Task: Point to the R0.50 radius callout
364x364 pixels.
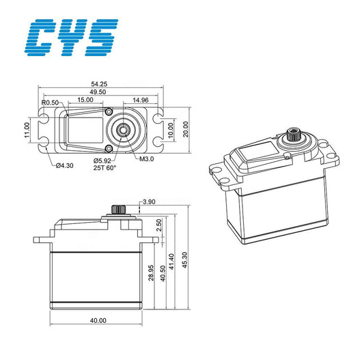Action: coord(50,103)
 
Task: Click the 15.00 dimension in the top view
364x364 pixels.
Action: coord(85,100)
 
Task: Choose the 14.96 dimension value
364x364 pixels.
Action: coord(142,100)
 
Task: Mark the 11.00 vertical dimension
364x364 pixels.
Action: coord(28,129)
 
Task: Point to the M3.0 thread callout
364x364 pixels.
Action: coord(147,159)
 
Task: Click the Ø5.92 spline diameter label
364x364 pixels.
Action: coord(104,160)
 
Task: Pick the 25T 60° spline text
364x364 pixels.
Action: coord(105,167)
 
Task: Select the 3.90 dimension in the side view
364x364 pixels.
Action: coord(149,202)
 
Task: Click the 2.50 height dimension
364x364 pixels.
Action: coord(159,225)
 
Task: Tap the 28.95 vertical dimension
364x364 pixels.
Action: coord(151,275)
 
